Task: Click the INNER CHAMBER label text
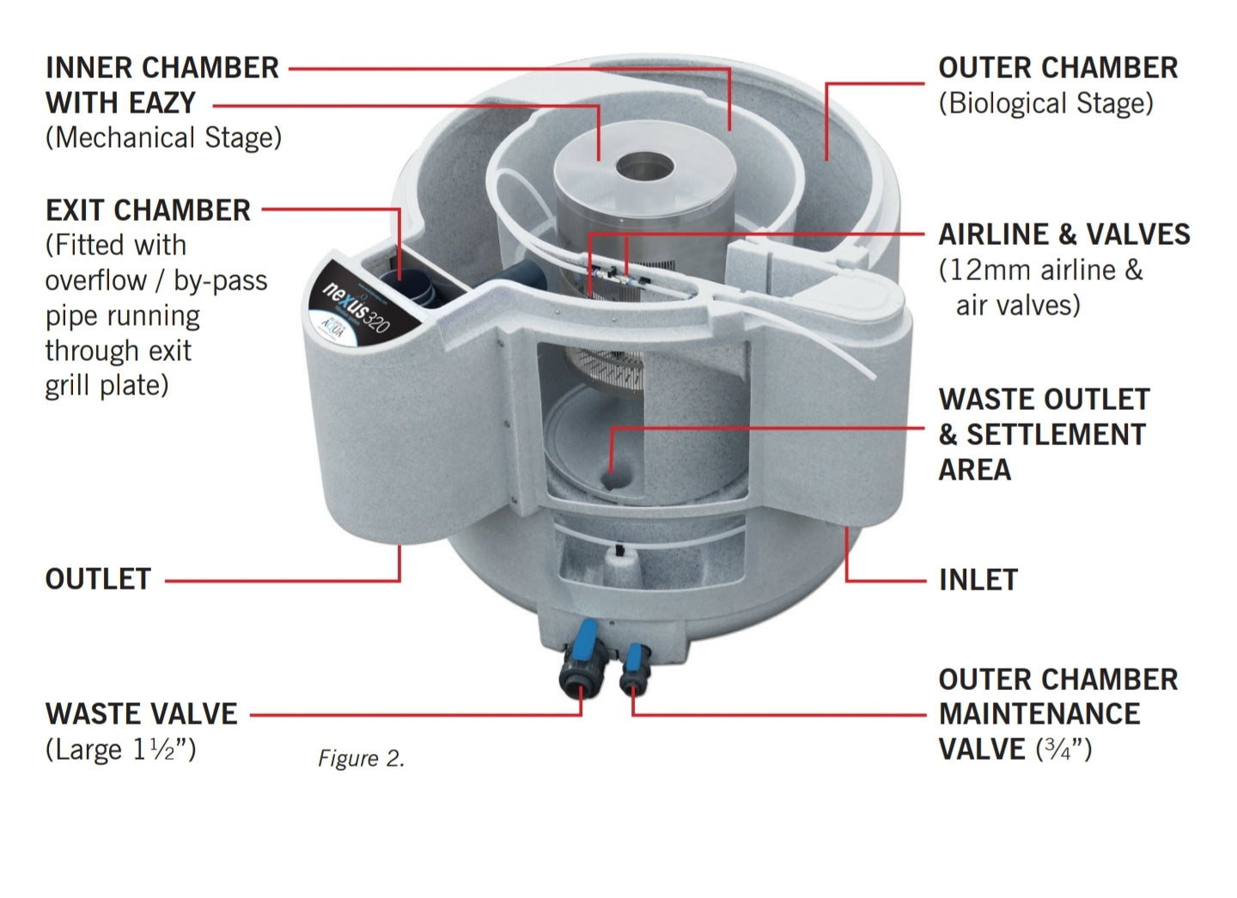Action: [x=162, y=68]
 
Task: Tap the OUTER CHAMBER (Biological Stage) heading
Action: [x=1057, y=68]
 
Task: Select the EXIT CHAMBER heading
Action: [x=148, y=211]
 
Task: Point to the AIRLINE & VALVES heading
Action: [x=1063, y=235]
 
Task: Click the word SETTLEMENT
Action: [x=1056, y=435]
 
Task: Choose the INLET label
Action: [x=978, y=580]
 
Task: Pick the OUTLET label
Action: [x=98, y=579]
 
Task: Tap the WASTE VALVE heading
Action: [x=141, y=714]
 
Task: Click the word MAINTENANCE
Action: [x=1039, y=714]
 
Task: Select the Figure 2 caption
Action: [x=361, y=758]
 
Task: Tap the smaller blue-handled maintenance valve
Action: [x=635, y=666]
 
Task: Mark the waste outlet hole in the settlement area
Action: [x=611, y=479]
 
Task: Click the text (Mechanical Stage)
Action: [x=163, y=137]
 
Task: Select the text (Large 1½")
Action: [x=120, y=749]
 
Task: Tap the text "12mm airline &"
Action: [x=1040, y=270]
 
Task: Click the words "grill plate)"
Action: [x=107, y=385]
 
